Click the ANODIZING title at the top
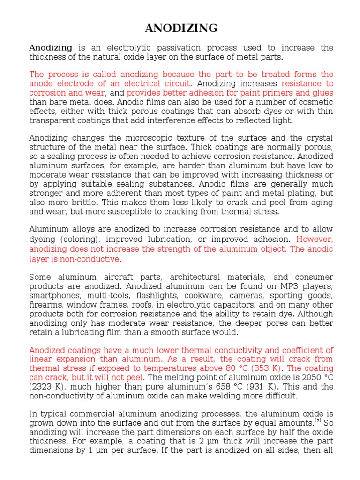(181, 29)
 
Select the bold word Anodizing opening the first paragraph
(51, 48)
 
